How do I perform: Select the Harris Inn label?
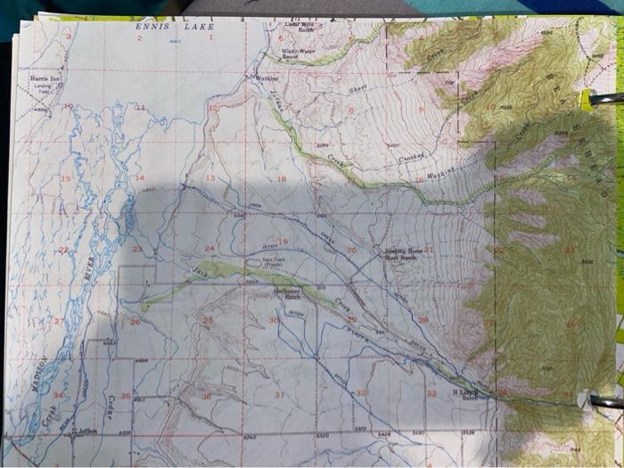[45, 78]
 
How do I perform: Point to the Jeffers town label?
[86, 430]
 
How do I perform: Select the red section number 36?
[206, 395]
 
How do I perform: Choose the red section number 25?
[207, 319]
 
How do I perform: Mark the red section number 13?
[209, 178]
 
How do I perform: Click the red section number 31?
[279, 393]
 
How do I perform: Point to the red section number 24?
[209, 248]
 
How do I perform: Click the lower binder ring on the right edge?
[607, 402]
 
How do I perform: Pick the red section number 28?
[423, 319]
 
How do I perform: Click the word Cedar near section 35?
[109, 406]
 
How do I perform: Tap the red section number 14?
[139, 178]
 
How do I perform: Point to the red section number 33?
[431, 393]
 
